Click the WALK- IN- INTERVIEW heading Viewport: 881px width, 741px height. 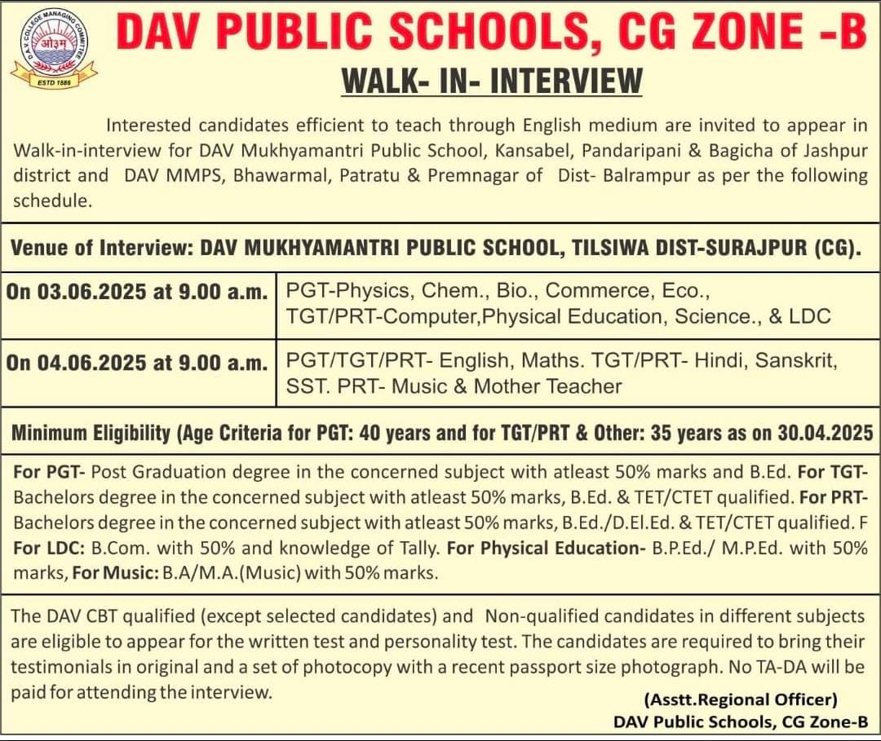pyautogui.click(x=491, y=81)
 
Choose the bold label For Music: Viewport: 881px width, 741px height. pyautogui.click(x=114, y=573)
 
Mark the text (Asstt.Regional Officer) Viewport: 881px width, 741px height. pyautogui.click(x=741, y=699)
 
